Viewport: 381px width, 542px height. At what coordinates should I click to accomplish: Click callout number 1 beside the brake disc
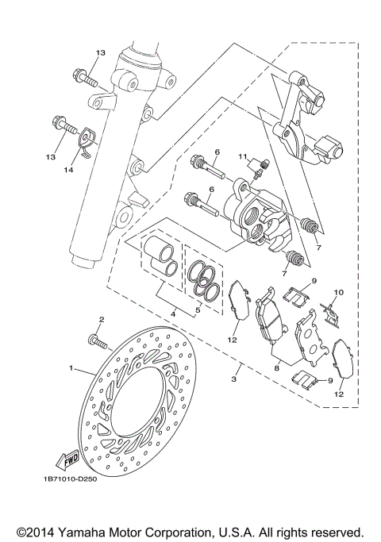pos(71,368)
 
